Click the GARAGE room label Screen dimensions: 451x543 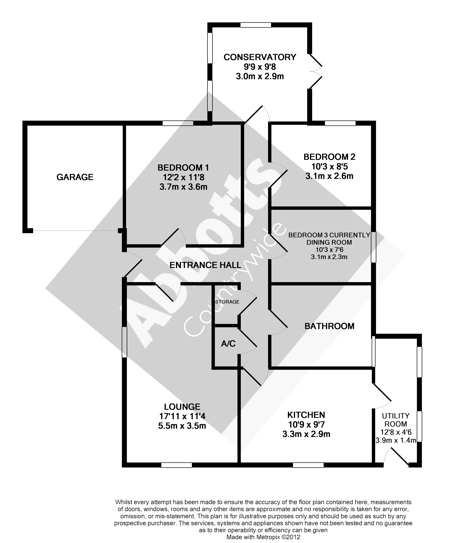pyautogui.click(x=75, y=177)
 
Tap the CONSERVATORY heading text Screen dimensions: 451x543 pyautogui.click(x=260, y=57)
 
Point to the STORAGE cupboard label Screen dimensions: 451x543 pyautogui.click(x=227, y=302)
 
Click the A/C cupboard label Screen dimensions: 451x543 pyautogui.click(x=228, y=344)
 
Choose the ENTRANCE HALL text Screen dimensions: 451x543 pyautogui.click(x=205, y=265)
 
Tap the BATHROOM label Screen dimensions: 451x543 pyautogui.click(x=329, y=326)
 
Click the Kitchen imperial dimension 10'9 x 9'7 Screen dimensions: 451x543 pyautogui.click(x=306, y=424)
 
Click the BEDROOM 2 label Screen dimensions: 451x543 pyautogui.click(x=329, y=157)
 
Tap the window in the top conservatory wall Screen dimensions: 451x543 pyautogui.click(x=255, y=25)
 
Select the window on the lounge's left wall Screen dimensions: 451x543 pyautogui.click(x=124, y=342)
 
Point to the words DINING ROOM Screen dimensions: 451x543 pyautogui.click(x=329, y=242)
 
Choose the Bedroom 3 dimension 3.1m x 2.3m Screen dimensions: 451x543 pyautogui.click(x=329, y=257)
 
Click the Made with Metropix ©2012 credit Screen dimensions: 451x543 pyautogui.click(x=263, y=537)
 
